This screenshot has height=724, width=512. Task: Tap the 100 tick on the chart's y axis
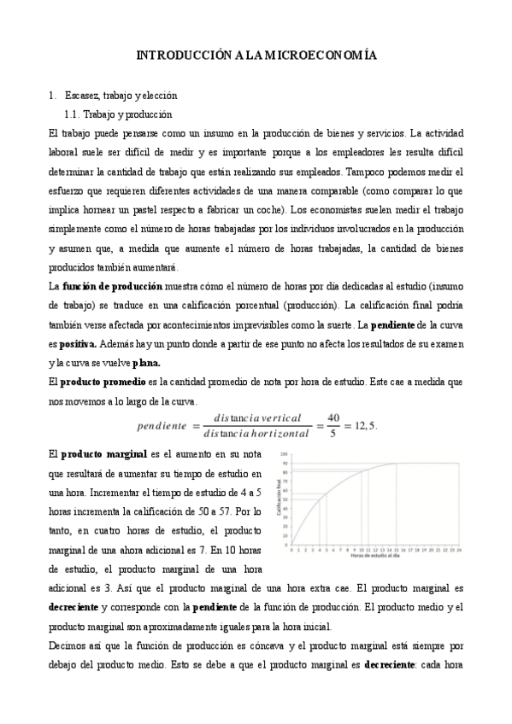(285, 455)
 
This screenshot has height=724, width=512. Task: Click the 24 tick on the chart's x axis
(460, 551)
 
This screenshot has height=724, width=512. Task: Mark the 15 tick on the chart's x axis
(396, 551)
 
